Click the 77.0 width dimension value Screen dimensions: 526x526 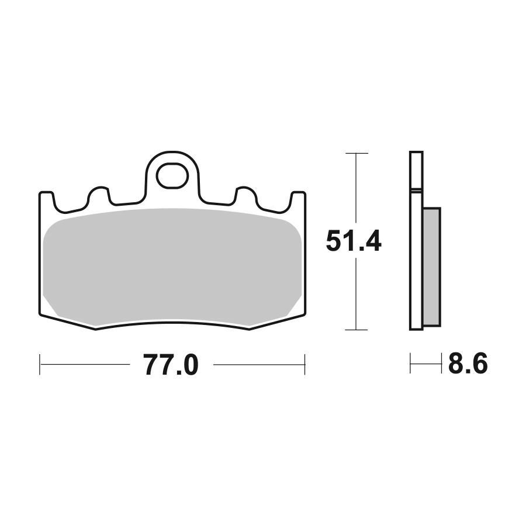coord(171,365)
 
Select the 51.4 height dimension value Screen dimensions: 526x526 coord(353,241)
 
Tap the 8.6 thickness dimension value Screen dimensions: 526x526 coord(468,365)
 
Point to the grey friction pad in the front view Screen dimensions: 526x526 coord(172,266)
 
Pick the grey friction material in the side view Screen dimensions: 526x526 coord(431,267)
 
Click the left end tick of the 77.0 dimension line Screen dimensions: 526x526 coord(40,365)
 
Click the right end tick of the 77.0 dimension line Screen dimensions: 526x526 coord(304,365)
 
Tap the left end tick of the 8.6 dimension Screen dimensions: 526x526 coord(411,365)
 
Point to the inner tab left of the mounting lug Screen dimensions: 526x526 coord(98,195)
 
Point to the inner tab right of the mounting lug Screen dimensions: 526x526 coord(245,195)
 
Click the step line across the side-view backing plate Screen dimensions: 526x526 coord(416,190)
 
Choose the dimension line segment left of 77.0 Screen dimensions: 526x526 coord(85,365)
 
